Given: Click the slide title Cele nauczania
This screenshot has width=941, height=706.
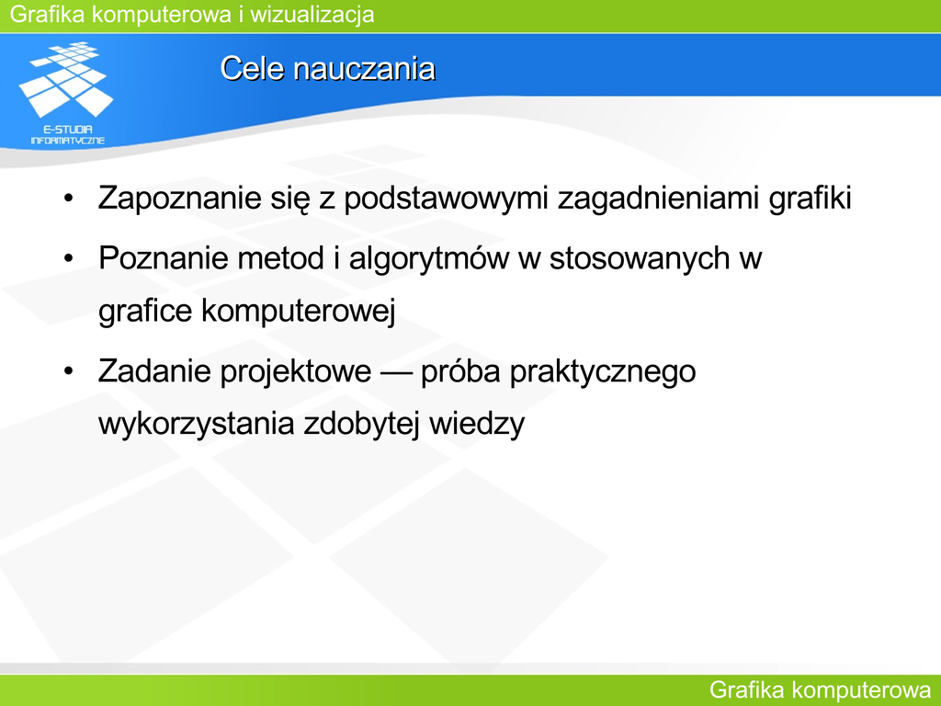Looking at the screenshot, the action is pyautogui.click(x=328, y=68).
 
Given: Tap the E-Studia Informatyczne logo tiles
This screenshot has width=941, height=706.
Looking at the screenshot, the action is pyautogui.click(x=66, y=79).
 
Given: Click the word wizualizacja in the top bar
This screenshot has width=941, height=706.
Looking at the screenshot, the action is pyautogui.click(x=312, y=14).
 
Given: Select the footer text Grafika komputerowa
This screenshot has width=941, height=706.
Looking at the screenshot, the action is pyautogui.click(x=821, y=690).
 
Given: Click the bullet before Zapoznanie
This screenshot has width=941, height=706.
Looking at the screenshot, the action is pyautogui.click(x=68, y=198).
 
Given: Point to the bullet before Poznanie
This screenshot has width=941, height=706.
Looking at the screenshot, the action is pyautogui.click(x=68, y=257).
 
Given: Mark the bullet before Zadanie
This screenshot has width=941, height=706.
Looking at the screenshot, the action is pyautogui.click(x=68, y=370).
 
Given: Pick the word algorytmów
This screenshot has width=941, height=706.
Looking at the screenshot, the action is pyautogui.click(x=429, y=258).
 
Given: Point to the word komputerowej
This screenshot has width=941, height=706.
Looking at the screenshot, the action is pyautogui.click(x=299, y=311).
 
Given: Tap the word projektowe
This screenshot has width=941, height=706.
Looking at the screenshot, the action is pyautogui.click(x=295, y=371).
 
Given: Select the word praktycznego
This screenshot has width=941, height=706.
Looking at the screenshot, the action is pyautogui.click(x=603, y=371).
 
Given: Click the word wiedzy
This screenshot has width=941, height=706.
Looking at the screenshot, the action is pyautogui.click(x=477, y=424).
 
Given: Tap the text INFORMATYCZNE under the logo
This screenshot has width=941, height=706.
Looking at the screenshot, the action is pyautogui.click(x=68, y=141).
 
